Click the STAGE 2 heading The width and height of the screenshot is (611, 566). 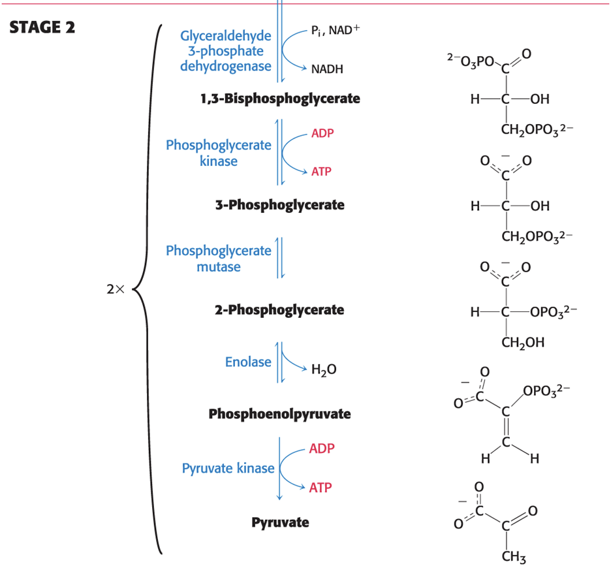[42, 27]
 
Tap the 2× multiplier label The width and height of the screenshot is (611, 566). [116, 289]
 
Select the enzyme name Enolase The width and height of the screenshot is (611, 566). [248, 362]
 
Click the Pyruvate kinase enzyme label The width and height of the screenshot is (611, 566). [228, 468]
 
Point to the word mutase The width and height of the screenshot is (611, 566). [219, 267]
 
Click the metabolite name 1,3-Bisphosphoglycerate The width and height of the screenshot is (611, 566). [280, 99]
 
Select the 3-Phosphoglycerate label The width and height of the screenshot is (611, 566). [280, 205]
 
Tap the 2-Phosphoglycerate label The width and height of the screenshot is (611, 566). [279, 310]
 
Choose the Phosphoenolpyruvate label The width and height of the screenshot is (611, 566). [280, 414]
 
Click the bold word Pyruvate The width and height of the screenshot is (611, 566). [280, 522]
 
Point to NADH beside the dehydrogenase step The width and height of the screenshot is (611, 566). [327, 69]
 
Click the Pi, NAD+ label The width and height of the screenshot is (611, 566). [336, 30]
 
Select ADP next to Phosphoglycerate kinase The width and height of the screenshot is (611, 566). [322, 133]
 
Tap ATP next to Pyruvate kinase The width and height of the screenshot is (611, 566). [321, 488]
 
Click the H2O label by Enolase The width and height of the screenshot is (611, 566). [324, 369]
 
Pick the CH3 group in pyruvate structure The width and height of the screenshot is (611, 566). [514, 557]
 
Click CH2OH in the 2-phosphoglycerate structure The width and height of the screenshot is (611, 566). [523, 343]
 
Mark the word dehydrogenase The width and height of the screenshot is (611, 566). [226, 67]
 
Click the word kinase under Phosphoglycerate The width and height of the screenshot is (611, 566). [219, 161]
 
